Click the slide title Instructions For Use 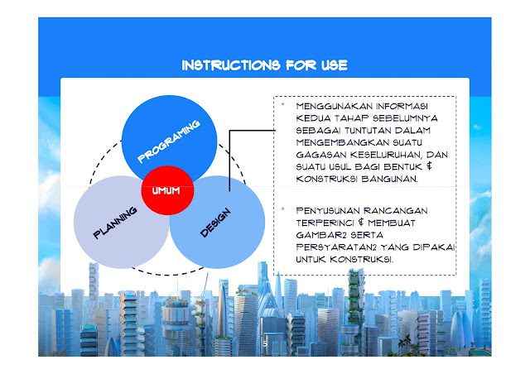coord(264,65)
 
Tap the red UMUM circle coord(166,190)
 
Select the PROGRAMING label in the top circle coord(169,141)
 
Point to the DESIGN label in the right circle coord(215,222)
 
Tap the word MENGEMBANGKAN coord(334,142)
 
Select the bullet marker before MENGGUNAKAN coord(282,104)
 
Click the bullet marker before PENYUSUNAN coord(282,209)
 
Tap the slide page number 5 coord(264,343)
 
